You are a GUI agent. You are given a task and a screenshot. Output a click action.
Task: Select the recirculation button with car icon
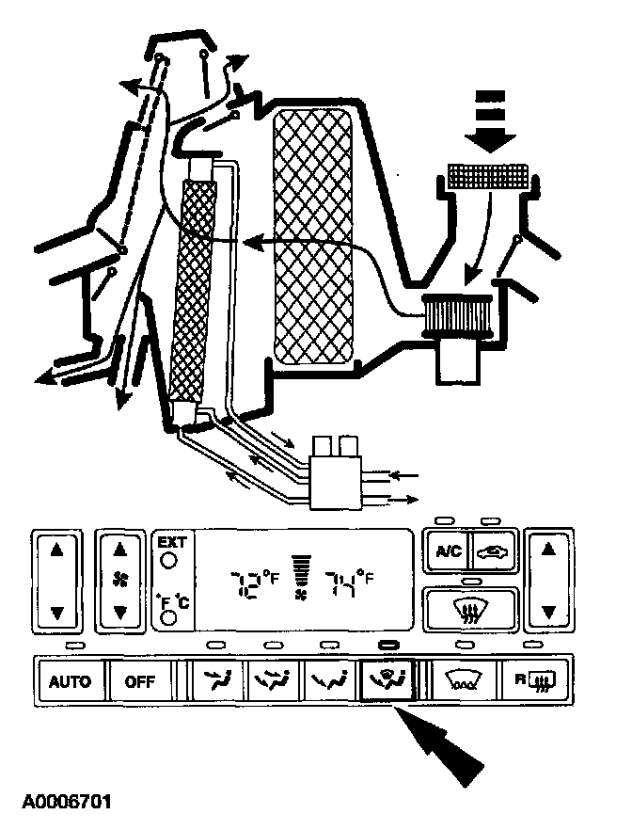pos(491,553)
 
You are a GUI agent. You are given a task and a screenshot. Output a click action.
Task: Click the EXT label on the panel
pos(171,542)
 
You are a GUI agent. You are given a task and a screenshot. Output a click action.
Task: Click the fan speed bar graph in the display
pos(300,570)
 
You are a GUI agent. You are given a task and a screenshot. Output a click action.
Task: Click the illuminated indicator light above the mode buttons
pos(386,645)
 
